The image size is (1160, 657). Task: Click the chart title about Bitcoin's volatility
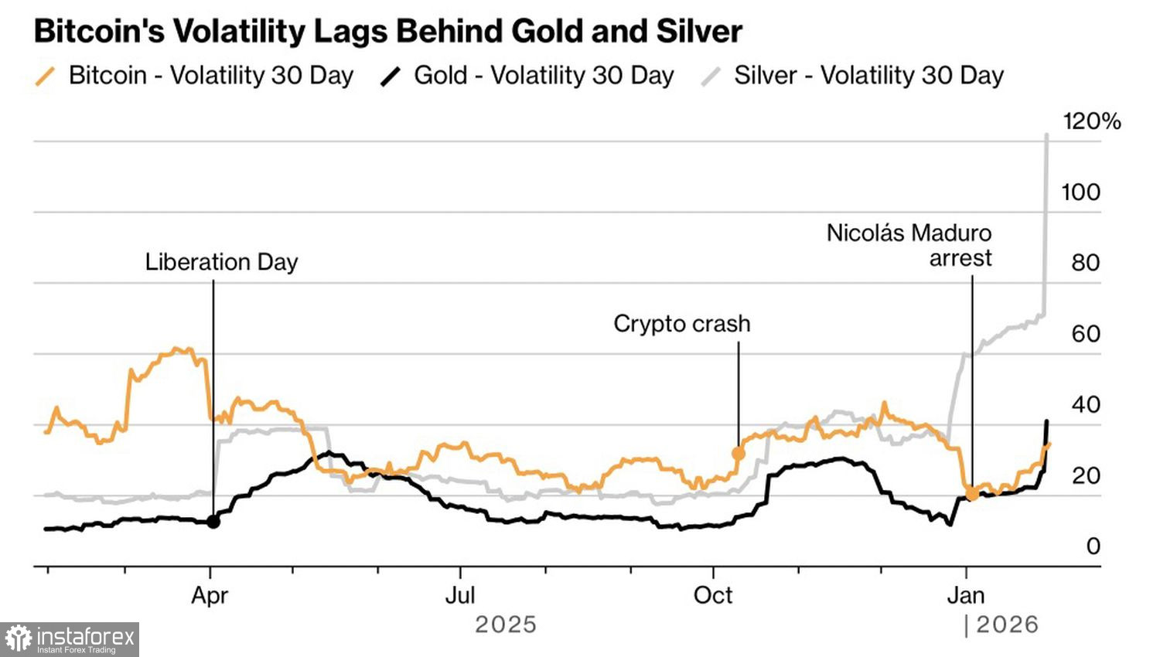point(387,32)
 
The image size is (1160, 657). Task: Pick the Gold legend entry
point(528,76)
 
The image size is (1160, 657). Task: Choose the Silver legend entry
point(853,76)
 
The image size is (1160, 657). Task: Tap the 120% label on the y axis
point(1091,121)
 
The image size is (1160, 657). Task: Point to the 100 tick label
point(1080,192)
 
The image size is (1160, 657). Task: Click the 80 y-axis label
point(1085,263)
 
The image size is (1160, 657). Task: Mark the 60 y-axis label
point(1085,334)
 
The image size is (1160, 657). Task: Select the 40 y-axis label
point(1085,404)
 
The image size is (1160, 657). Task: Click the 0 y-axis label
point(1092,546)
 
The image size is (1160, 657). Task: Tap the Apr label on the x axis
point(210,596)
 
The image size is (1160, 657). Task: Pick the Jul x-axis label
point(460,596)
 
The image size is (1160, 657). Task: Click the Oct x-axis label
point(712,596)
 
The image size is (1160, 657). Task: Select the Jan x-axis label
point(966,596)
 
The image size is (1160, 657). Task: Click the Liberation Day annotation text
point(221,262)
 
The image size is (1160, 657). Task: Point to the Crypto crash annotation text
point(681,323)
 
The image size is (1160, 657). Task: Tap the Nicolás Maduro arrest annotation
point(909,245)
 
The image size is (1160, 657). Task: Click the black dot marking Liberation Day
point(213,522)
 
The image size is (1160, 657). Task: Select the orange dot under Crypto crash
point(739,453)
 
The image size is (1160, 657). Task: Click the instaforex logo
point(70,639)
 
